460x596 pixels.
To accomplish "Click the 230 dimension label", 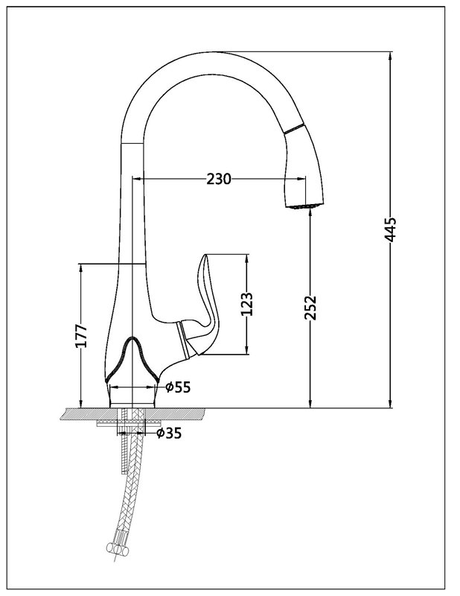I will pos(219,179).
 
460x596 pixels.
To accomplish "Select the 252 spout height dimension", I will pos(311,306).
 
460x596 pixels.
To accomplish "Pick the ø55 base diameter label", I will pos(179,387).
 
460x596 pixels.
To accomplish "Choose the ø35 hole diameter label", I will pos(169,431).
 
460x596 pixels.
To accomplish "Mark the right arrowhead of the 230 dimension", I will pos(303,179).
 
